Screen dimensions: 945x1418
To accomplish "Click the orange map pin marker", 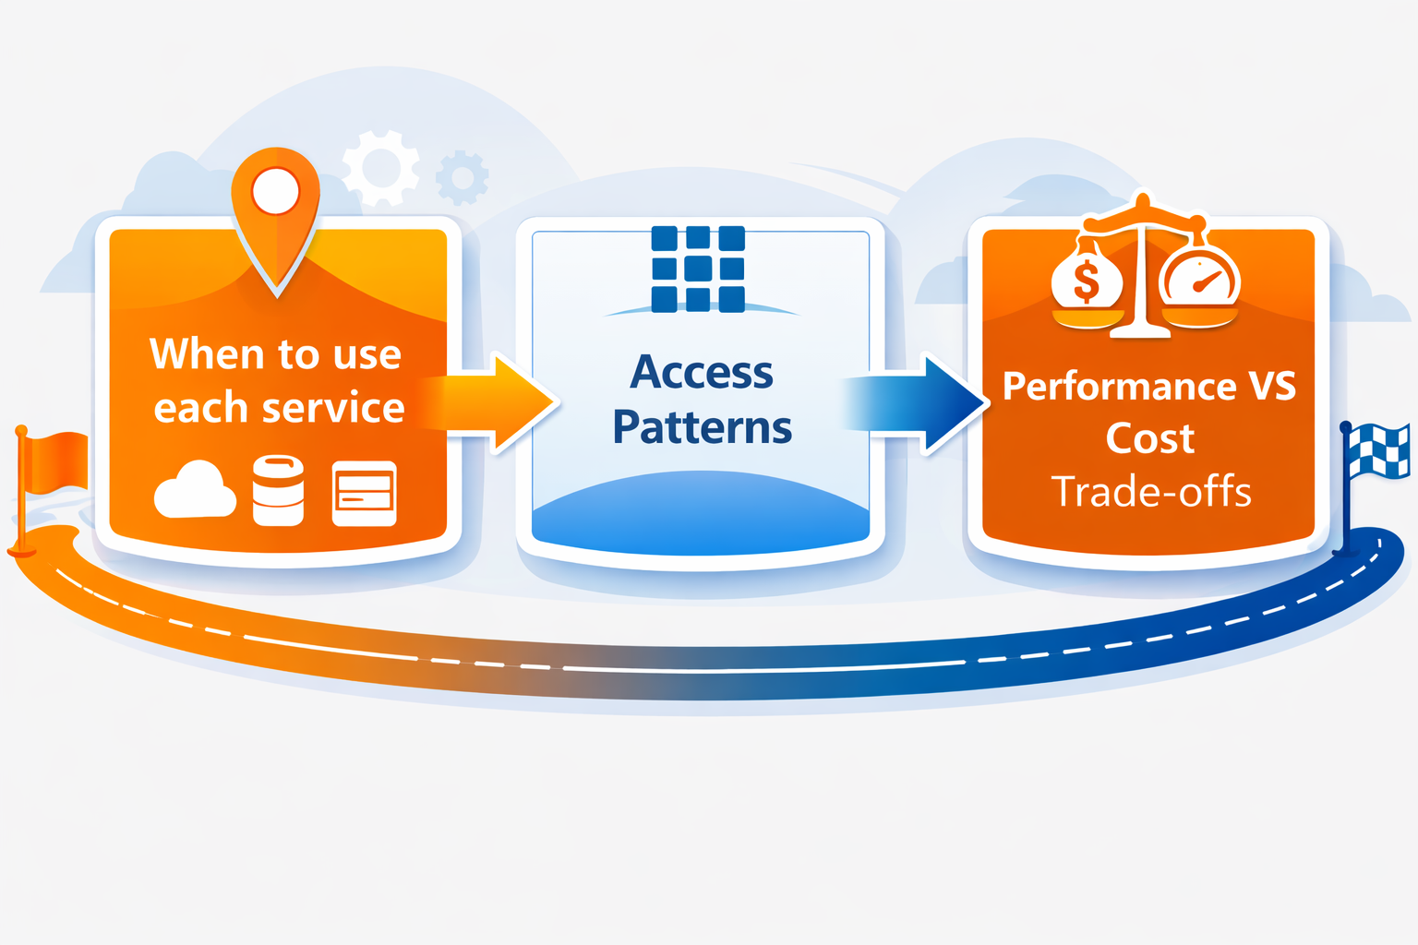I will pyautogui.click(x=275, y=208).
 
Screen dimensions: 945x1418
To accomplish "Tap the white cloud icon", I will pyautogui.click(x=194, y=491).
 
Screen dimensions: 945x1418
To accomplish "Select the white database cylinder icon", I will pyautogui.click(x=278, y=490).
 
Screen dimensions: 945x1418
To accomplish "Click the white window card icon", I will pyautogui.click(x=364, y=493).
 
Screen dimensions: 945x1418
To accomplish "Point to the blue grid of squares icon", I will pyautogui.click(x=698, y=269).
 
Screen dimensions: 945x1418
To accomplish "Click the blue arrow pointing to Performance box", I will pyautogui.click(x=923, y=402).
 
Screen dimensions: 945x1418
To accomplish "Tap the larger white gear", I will pyautogui.click(x=380, y=168).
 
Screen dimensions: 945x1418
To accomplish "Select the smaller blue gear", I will pyautogui.click(x=462, y=176).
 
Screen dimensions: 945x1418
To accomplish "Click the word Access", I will pyautogui.click(x=702, y=373).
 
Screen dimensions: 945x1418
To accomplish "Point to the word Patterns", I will pyautogui.click(x=703, y=428).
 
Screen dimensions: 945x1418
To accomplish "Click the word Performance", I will pyautogui.click(x=1119, y=387).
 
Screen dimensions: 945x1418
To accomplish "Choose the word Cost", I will pyautogui.click(x=1150, y=438).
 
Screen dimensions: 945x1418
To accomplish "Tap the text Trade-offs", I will pyautogui.click(x=1151, y=492).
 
